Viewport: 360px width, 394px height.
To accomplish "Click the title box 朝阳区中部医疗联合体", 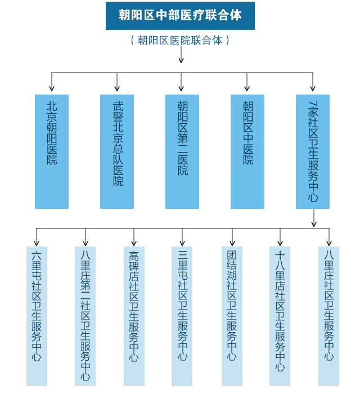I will coord(180,15).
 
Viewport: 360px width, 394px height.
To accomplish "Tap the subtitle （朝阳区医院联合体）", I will coord(180,41).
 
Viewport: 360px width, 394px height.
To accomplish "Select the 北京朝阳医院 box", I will coord(52,151).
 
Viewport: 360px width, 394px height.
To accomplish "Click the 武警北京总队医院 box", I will coord(117,151).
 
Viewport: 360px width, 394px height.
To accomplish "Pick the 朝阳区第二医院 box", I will coord(182,151).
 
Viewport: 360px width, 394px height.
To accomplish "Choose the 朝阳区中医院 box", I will coord(247,151).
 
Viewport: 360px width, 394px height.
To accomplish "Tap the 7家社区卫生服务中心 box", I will coord(313,151).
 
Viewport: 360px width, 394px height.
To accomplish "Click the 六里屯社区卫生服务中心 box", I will coord(37,316).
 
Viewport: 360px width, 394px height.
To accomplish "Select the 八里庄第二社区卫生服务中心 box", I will coord(85,316).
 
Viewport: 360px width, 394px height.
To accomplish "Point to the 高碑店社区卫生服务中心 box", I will coord(134,316).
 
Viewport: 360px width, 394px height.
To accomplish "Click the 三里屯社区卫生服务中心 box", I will coord(182,316).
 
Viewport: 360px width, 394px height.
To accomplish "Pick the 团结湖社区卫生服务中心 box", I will coord(232,316).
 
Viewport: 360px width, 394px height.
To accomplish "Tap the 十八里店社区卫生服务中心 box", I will coord(280,316).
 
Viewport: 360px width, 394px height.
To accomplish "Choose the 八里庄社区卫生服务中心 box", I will coord(328,316).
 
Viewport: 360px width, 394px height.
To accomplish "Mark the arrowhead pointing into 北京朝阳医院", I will coord(52,88).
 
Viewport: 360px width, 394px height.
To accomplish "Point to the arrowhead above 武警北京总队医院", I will coord(117,88).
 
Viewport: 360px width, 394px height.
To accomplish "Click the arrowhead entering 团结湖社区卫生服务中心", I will coord(232,243).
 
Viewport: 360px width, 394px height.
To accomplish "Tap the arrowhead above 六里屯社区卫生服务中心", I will coord(37,243).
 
